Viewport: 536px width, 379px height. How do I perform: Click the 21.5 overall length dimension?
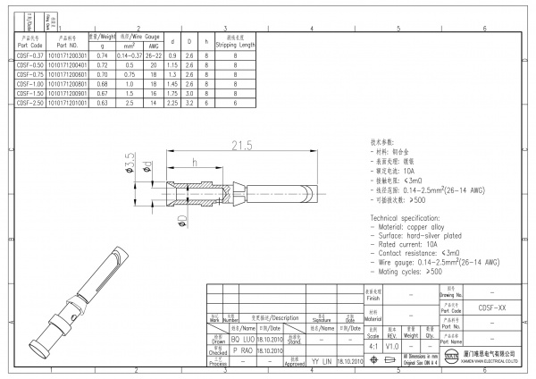(x=242, y=145)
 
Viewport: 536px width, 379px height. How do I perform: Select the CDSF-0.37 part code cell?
(x=29, y=55)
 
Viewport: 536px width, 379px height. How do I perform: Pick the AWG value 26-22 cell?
(x=153, y=55)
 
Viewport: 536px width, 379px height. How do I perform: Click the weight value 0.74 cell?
(x=102, y=55)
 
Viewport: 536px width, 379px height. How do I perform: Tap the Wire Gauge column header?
(x=138, y=36)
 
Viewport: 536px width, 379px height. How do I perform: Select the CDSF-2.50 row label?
(x=29, y=104)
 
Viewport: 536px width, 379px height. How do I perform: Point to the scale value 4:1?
(x=371, y=346)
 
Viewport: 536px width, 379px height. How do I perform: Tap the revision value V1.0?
(x=391, y=346)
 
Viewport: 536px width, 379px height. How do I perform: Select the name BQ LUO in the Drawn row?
(x=242, y=341)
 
